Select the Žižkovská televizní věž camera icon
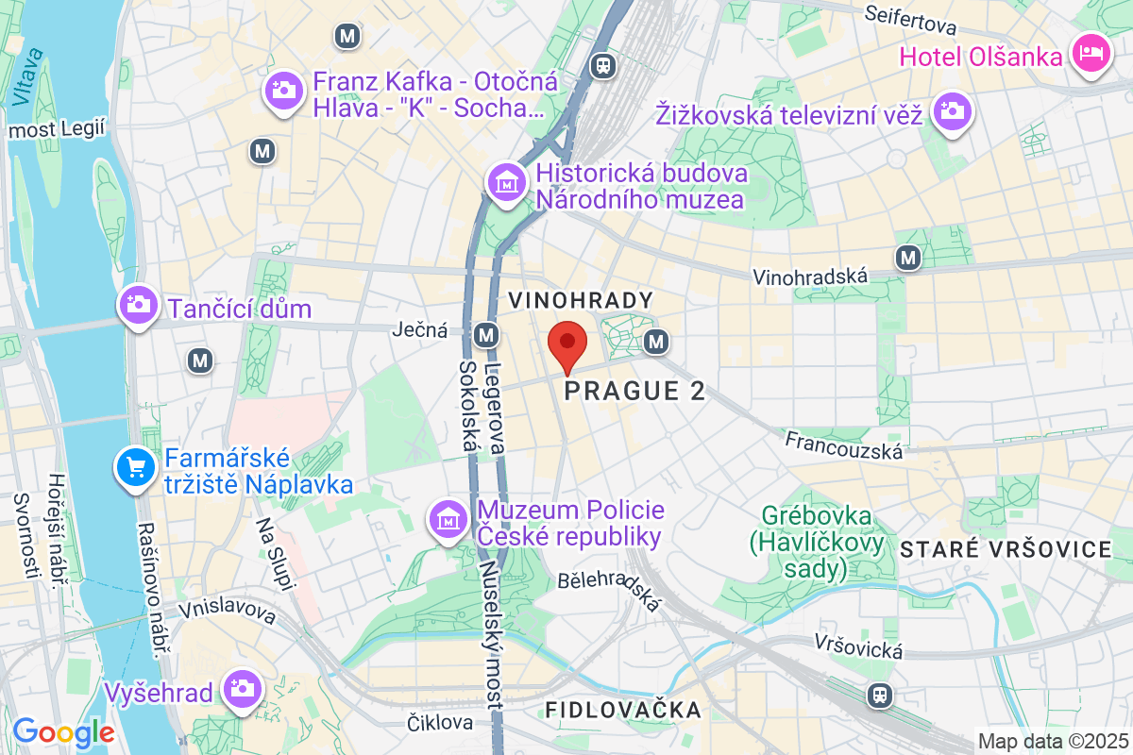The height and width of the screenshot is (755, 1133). [952, 112]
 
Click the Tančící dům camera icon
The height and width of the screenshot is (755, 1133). [139, 306]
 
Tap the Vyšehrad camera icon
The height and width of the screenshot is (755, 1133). [243, 689]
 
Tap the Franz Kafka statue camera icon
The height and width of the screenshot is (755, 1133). [282, 92]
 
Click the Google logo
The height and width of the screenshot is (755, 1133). [63, 731]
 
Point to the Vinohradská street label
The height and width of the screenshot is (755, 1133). [810, 277]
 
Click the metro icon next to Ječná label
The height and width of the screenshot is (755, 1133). [487, 334]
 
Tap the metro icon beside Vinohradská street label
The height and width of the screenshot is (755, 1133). [908, 257]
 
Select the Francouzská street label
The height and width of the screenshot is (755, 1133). [843, 445]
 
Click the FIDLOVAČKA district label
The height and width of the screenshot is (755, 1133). [623, 710]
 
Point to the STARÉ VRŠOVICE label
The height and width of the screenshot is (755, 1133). [1006, 549]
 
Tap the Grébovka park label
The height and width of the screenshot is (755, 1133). [818, 543]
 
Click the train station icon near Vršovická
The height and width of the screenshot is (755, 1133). [880, 696]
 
